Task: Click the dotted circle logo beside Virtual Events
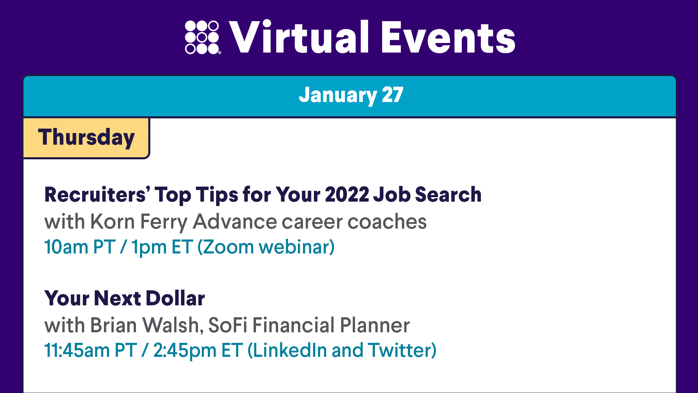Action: point(203,37)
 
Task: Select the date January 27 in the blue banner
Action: point(351,95)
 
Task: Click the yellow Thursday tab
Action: point(86,138)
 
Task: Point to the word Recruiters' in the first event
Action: point(98,194)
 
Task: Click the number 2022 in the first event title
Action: point(347,194)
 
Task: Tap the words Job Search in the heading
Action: point(427,194)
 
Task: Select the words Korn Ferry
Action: point(139,222)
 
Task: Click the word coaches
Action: point(387,222)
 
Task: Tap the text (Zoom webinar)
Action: point(266,247)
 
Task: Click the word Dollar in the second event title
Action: point(176,298)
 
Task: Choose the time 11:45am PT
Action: point(91,350)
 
